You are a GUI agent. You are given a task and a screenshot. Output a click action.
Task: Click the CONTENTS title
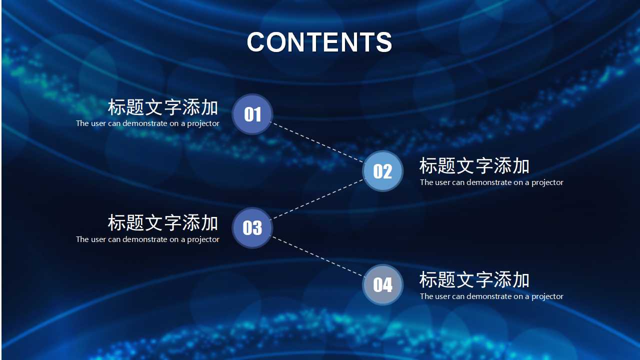[x=319, y=42]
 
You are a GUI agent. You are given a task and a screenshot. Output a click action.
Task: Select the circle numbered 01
[x=252, y=114]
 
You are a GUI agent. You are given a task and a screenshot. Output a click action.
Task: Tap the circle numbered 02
[x=382, y=171]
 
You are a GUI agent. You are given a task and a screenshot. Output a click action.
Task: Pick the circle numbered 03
[x=252, y=228]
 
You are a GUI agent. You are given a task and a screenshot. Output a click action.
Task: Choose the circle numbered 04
[x=382, y=285]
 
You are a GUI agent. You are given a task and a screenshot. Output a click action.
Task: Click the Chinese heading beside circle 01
[x=163, y=107]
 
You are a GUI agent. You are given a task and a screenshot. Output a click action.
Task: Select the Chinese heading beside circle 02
[x=474, y=166]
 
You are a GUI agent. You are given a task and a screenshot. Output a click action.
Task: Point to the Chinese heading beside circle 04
[x=474, y=280]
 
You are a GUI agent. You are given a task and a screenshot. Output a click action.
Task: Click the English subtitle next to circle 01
[x=147, y=123]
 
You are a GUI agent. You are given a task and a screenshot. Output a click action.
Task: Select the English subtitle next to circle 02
[x=491, y=182]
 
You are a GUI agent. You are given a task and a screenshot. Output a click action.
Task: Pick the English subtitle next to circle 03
[x=147, y=239]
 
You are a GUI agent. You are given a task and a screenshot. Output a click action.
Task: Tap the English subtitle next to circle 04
[x=491, y=296]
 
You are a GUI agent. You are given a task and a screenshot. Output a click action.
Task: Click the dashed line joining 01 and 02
[x=317, y=142]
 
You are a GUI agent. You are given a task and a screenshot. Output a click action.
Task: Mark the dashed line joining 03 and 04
[x=317, y=256]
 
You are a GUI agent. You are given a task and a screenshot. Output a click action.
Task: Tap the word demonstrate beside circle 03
[x=145, y=239]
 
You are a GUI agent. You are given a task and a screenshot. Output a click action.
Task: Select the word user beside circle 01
[x=98, y=123]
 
